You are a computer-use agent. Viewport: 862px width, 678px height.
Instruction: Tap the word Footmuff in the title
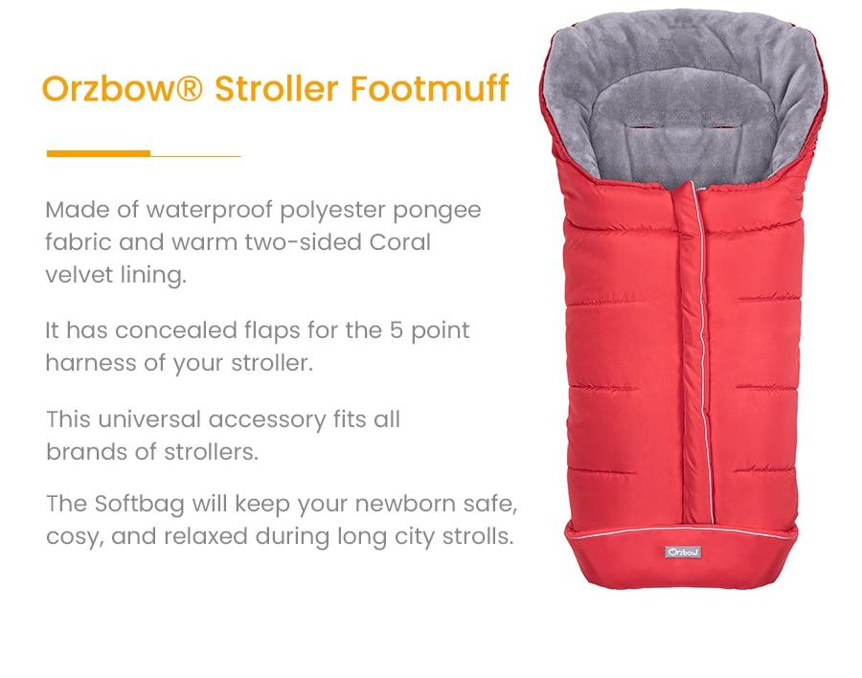429,88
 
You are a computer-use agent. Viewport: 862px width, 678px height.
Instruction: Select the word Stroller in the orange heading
278,88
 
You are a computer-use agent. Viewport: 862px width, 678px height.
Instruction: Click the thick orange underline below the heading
99,153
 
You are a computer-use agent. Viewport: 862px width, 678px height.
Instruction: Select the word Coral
400,242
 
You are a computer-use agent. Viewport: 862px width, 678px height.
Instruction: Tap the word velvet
77,275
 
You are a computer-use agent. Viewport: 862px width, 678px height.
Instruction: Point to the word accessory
267,419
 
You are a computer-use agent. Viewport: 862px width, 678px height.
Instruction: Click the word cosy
73,536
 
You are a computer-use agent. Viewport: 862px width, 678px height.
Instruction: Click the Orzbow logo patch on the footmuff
683,552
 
